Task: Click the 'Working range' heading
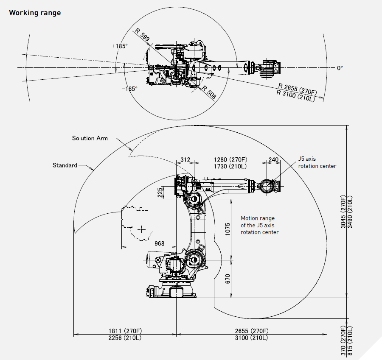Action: pos(35,13)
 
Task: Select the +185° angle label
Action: pos(120,46)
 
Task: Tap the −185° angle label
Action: pos(129,89)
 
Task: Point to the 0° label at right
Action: pos(340,67)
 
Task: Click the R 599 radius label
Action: pos(142,35)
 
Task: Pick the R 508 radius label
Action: pos(209,92)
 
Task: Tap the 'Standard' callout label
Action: pos(65,165)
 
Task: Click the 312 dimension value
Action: pos(185,159)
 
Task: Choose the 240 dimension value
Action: pos(273,159)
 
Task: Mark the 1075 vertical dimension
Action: pos(228,229)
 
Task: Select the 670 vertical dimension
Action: pos(228,279)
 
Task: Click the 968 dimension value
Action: pos(159,243)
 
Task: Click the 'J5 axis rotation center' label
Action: pos(317,162)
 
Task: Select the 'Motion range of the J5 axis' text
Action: pos(259,225)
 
